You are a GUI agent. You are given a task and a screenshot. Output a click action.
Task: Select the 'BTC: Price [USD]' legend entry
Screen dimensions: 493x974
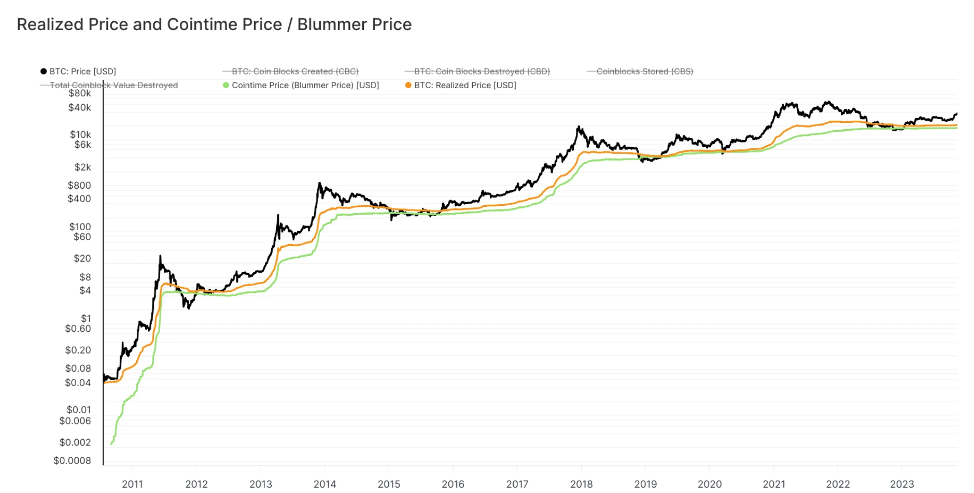point(82,72)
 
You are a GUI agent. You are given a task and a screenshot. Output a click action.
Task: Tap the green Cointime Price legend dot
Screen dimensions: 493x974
point(226,86)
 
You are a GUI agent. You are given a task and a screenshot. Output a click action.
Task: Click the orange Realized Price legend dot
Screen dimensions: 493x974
point(408,86)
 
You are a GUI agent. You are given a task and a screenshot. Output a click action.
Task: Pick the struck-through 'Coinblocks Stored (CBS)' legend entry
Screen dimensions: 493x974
point(644,72)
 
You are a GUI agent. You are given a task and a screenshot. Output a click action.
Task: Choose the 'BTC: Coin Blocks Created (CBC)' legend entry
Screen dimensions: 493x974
point(295,72)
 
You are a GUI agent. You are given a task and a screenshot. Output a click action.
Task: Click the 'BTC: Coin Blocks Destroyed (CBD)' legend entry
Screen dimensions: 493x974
point(482,72)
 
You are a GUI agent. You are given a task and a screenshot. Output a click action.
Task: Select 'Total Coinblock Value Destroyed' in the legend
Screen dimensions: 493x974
point(114,86)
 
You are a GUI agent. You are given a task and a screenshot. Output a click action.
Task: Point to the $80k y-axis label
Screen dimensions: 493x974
point(80,93)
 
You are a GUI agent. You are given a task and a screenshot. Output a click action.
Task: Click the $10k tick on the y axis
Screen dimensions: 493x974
point(80,135)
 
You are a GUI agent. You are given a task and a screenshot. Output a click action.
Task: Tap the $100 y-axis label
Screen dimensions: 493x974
point(80,227)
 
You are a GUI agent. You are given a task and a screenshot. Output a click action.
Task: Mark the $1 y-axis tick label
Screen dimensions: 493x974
point(86,318)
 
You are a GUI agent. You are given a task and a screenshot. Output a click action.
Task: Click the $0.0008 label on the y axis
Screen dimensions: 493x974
point(72,461)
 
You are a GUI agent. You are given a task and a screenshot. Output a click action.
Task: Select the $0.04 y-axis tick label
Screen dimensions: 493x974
point(78,383)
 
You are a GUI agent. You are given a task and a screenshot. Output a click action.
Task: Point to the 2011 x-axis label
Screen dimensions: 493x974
point(132,484)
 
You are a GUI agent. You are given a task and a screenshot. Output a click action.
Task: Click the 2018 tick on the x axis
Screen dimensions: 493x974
point(581,484)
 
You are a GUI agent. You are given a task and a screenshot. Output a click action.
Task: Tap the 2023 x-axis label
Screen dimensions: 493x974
point(901,484)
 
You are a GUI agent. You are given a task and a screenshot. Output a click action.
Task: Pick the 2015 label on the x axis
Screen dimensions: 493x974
point(389,484)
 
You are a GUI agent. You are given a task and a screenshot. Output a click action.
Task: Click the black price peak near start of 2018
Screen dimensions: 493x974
point(578,126)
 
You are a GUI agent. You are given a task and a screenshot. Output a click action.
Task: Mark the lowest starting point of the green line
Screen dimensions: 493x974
point(111,444)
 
